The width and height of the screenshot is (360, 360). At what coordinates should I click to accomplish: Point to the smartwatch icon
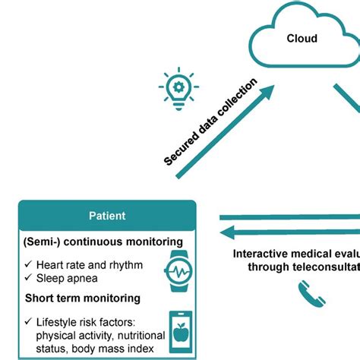(180, 271)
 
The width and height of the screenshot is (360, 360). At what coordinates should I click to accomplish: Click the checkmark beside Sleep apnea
(28, 279)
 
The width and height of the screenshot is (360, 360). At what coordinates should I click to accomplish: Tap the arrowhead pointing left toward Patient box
(225, 232)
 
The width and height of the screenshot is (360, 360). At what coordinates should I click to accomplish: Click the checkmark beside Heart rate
(28, 264)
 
